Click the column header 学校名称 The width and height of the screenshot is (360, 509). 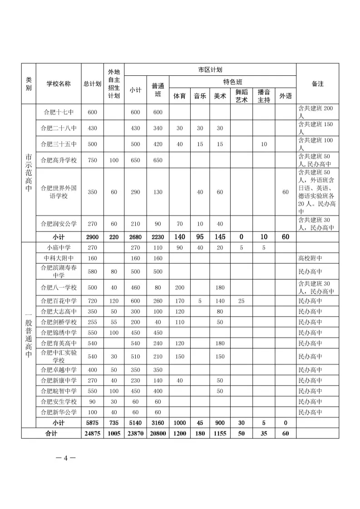coord(59,84)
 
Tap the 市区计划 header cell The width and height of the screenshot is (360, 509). coord(210,70)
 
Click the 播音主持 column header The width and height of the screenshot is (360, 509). coord(264,96)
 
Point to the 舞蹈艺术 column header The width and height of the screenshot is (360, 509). coord(242,96)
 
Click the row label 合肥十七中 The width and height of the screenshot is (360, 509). coord(59,112)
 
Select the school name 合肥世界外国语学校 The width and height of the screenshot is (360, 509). coord(59,192)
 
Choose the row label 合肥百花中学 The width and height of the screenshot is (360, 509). coord(59,301)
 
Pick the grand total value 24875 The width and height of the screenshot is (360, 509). coord(92,433)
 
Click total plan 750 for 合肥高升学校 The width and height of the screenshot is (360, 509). coord(92,160)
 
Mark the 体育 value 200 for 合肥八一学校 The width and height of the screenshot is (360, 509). coord(180,288)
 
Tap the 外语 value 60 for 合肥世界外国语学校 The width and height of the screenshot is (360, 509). coord(286,192)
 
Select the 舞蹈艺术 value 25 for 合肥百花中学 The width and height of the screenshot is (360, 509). coord(242,301)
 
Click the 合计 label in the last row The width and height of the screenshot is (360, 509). coord(51,433)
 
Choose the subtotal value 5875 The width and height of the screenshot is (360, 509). coord(92,423)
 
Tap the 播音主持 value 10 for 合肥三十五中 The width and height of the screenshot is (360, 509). coord(264,144)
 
